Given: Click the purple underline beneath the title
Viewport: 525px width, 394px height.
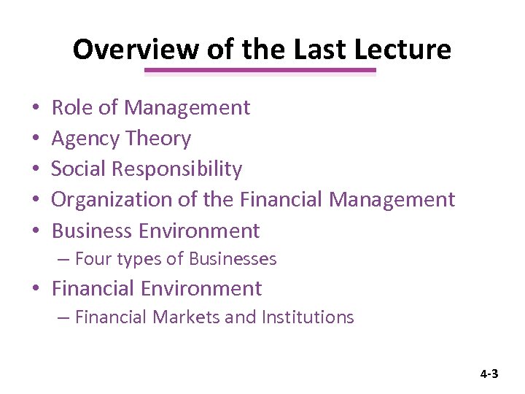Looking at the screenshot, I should pos(260,71).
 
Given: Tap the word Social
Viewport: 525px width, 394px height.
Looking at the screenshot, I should pos(78,169).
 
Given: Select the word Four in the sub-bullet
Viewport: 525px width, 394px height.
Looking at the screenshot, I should pos(90,259).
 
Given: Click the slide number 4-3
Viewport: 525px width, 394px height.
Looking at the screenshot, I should pos(489,374).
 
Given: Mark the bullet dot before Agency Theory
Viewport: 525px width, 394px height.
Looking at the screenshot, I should pos(36,139).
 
